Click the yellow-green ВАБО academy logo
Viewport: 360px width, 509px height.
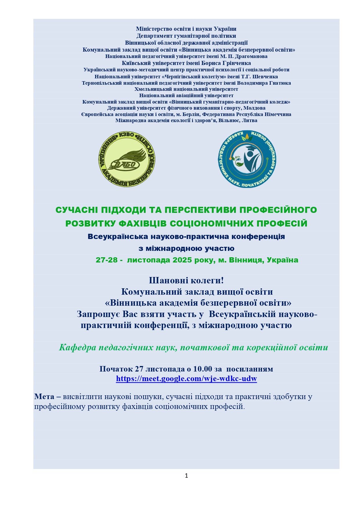pyautogui.click(x=127, y=159)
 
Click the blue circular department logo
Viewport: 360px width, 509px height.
pyautogui.click(x=247, y=159)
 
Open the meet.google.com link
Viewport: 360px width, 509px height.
pyautogui.click(x=186, y=378)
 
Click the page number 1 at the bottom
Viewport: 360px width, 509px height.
pyautogui.click(x=186, y=476)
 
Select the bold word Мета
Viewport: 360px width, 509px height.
pyautogui.click(x=44, y=396)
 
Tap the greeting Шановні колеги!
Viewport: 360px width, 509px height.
pyautogui.click(x=186, y=280)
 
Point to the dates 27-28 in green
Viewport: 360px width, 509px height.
pyautogui.click(x=107, y=260)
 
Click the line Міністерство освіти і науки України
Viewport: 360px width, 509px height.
pyautogui.click(x=186, y=29)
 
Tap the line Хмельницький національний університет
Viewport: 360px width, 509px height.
pyautogui.click(x=186, y=89)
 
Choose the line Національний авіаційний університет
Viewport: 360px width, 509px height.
pyautogui.click(x=186, y=95)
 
